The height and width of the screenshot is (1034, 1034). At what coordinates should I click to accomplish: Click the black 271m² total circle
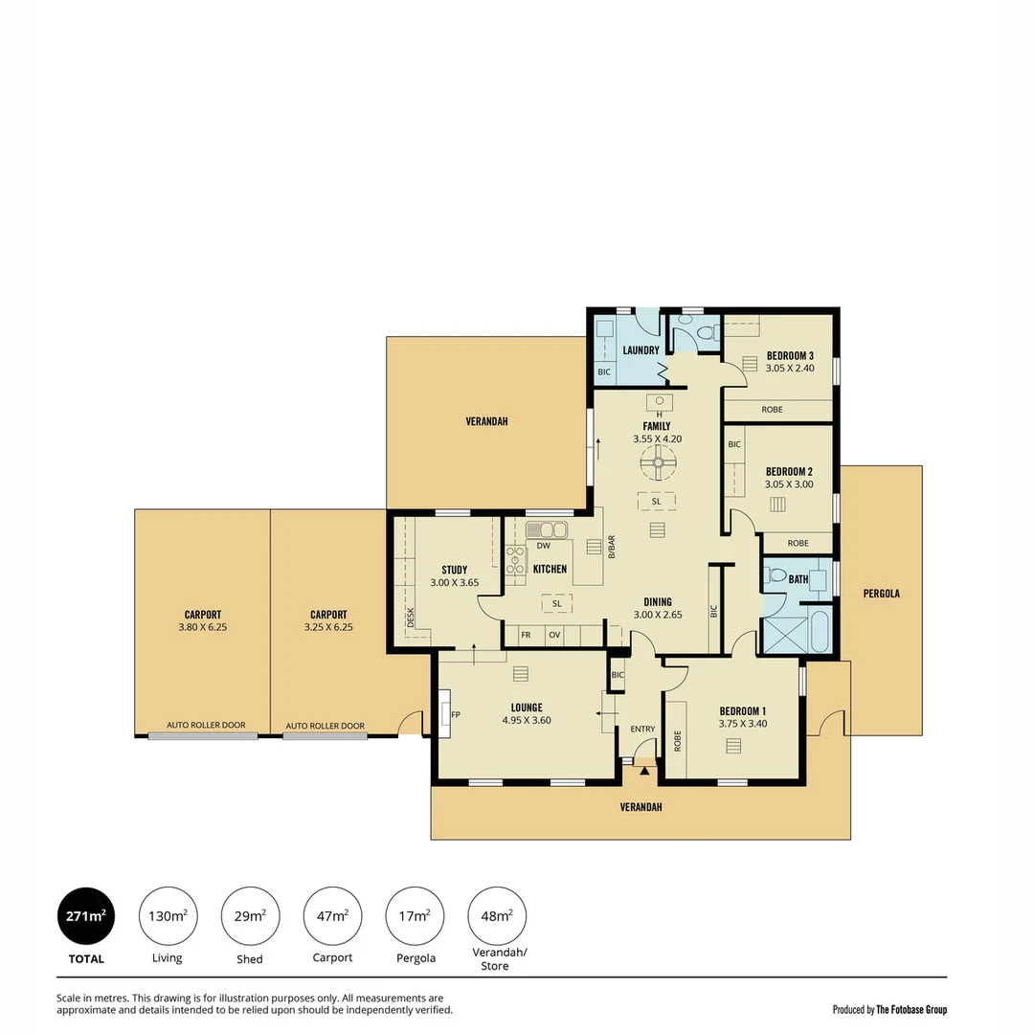click(x=87, y=916)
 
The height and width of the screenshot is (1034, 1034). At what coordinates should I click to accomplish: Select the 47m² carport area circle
click(x=333, y=916)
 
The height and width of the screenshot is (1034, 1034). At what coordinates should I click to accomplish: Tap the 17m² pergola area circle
click(x=415, y=916)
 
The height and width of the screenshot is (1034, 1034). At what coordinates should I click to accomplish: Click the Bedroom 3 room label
click(x=790, y=354)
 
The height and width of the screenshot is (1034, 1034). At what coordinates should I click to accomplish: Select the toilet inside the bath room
click(x=775, y=576)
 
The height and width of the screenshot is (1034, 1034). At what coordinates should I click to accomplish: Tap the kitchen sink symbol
click(x=547, y=528)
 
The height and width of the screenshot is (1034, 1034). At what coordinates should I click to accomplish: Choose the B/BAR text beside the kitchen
click(x=611, y=546)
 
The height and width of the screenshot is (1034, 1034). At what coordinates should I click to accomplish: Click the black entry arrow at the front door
click(x=644, y=769)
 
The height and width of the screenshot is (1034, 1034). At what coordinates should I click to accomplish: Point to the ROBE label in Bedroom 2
click(x=798, y=543)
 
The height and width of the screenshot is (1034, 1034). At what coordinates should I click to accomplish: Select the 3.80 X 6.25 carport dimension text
click(x=203, y=628)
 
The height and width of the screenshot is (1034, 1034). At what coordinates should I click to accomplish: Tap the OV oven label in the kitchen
click(x=554, y=635)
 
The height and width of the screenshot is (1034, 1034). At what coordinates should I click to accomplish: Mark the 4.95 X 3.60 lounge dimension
click(x=527, y=721)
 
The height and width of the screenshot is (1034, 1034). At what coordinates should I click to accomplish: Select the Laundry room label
click(x=641, y=350)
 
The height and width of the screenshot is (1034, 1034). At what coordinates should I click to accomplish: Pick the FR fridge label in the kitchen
click(x=526, y=635)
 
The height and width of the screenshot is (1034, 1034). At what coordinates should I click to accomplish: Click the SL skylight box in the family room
click(x=657, y=502)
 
